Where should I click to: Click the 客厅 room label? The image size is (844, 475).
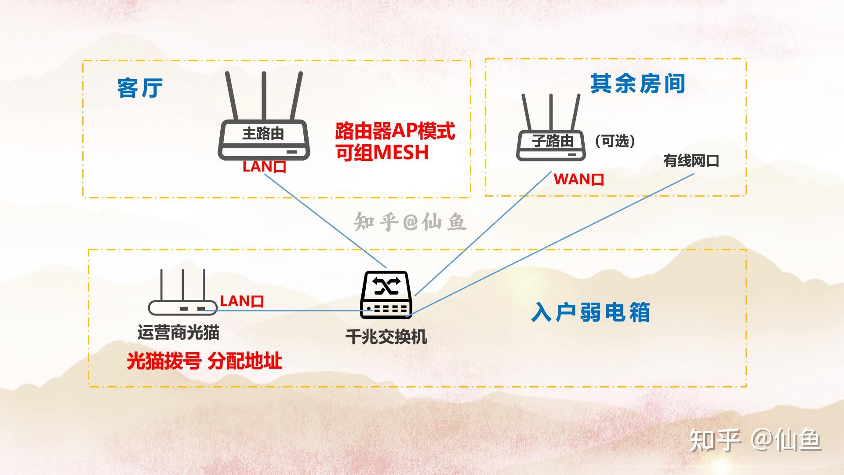[x=140, y=88]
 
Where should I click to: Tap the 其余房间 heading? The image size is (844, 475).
[x=637, y=84]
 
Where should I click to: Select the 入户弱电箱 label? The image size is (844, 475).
[x=590, y=313]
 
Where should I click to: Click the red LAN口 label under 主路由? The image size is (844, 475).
[x=264, y=167]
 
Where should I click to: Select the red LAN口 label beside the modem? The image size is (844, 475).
[x=242, y=301]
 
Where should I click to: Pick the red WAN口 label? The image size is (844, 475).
[x=578, y=179]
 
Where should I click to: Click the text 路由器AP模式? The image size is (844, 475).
[x=395, y=131]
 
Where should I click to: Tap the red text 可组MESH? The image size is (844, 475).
[x=382, y=153]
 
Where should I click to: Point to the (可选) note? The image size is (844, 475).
[x=615, y=141]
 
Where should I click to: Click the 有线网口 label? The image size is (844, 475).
[x=691, y=161]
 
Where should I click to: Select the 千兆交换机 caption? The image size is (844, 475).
[x=386, y=337]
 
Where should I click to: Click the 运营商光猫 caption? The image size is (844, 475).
[x=178, y=332]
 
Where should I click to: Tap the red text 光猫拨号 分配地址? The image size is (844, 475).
[x=204, y=361]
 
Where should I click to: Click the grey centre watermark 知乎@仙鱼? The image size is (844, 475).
[x=410, y=222]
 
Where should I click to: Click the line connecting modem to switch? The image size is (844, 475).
[x=290, y=311]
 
